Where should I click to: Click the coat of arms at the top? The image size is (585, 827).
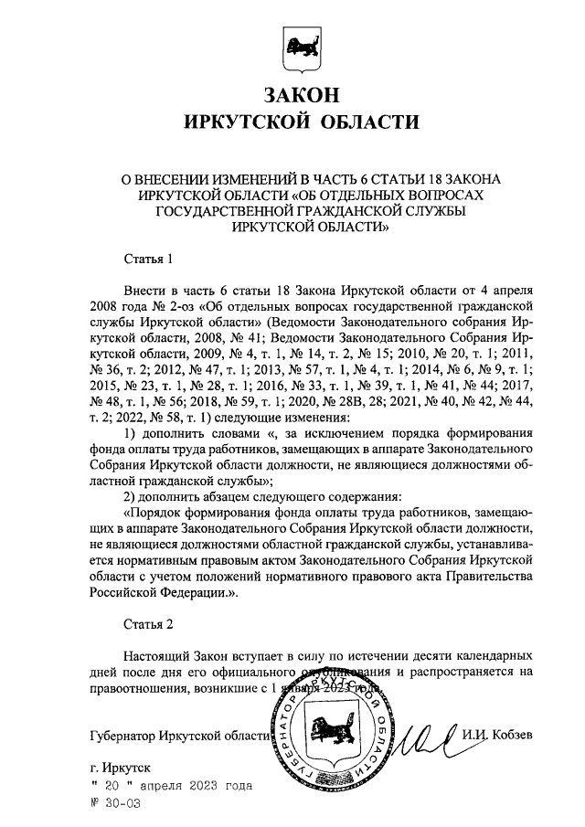coord(301,48)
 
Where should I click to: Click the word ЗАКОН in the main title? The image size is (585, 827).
coord(301,94)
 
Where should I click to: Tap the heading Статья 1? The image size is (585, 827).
coord(147,260)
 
